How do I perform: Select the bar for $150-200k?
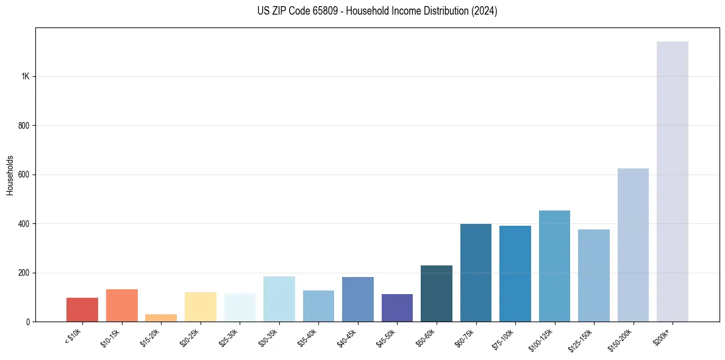[633, 245]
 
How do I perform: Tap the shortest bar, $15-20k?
[161, 318]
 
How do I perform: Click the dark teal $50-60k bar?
[437, 293]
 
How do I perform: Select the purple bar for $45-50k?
[397, 308]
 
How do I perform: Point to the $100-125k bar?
[554, 266]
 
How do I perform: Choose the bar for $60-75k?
[476, 273]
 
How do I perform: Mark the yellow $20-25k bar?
[200, 307]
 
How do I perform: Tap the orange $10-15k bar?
[122, 305]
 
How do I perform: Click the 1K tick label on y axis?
[26, 77]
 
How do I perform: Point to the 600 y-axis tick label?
[24, 175]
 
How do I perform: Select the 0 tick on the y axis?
[28, 322]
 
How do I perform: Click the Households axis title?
[10, 175]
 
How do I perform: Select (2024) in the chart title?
[485, 11]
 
